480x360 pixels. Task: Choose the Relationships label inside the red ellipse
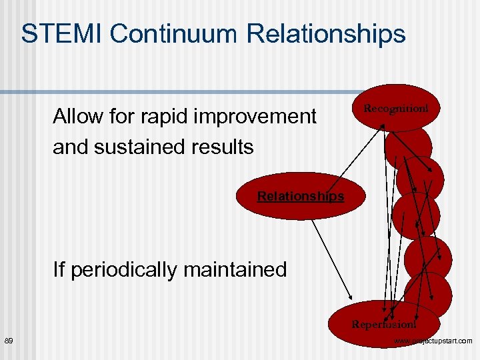pyautogui.click(x=301, y=196)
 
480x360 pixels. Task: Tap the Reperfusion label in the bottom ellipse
pyautogui.click(x=384, y=325)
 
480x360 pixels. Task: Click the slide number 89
pyautogui.click(x=9, y=341)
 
